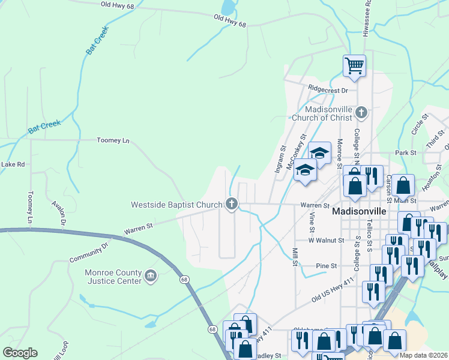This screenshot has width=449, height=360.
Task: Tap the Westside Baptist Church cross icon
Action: coord(231,205)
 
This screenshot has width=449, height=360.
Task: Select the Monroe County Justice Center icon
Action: coord(150,277)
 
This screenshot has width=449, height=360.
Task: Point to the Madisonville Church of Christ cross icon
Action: coord(361,112)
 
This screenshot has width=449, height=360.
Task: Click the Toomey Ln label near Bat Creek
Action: coord(113,140)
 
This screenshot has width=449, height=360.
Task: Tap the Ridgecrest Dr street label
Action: coord(328,90)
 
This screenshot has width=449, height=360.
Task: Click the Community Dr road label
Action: coord(91,252)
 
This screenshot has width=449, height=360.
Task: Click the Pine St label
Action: coord(327,265)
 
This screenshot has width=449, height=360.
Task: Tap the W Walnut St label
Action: coord(326,240)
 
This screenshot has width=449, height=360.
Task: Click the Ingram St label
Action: coord(279,159)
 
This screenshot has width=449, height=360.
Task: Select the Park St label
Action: coord(406,153)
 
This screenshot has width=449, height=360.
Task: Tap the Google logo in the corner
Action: coord(20,353)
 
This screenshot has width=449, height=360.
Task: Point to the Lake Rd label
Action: coord(13,164)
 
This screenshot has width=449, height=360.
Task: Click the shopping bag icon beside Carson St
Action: coord(404,186)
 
